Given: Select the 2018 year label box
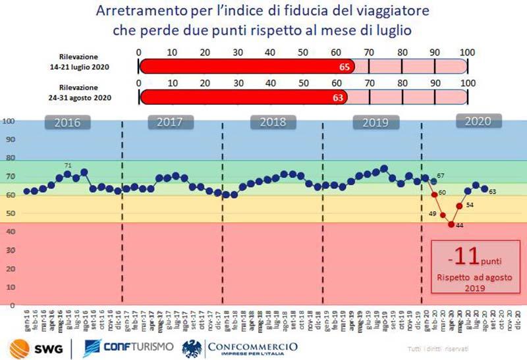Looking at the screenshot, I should coord(271,122).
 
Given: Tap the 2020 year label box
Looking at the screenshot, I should coord(479,121).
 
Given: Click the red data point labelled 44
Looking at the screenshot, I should coord(451,224).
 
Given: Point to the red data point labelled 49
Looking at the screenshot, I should coord(443,215).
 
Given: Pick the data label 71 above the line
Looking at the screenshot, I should coord(68,166).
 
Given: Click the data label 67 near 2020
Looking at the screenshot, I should coord(441,176).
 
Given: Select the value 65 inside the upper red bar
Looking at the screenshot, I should coord(345,66).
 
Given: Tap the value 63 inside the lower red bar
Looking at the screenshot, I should coord(337,98).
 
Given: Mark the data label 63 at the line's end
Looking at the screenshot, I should coord(492,192).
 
